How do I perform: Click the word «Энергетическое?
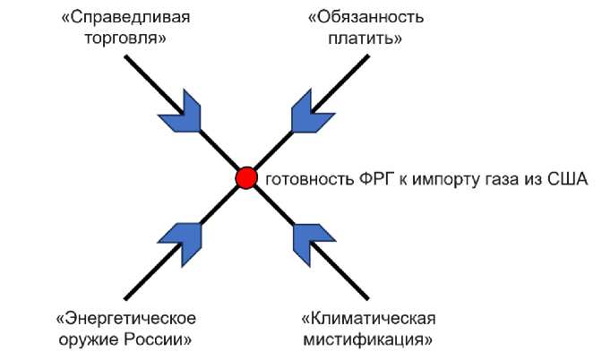[x=125, y=319]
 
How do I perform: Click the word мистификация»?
[x=368, y=340]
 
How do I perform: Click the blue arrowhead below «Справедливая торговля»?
[x=185, y=111]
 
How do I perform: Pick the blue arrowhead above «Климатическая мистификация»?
[x=307, y=241]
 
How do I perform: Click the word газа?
[x=487, y=179]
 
